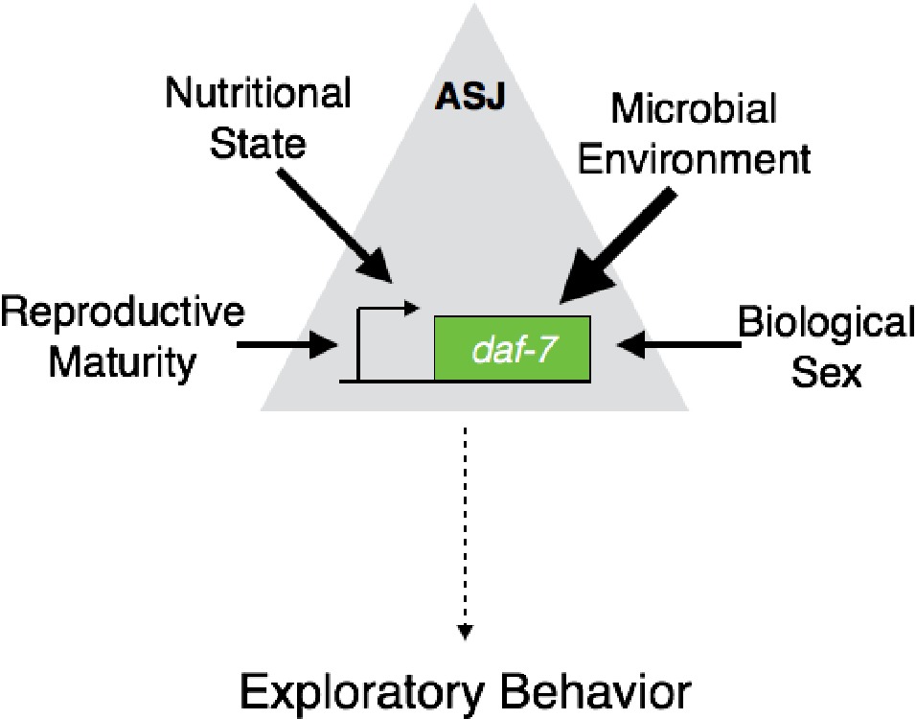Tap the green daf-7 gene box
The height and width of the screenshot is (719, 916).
tap(512, 347)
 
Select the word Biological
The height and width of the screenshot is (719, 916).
tap(826, 322)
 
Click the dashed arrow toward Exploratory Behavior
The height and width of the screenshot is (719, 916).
tap(465, 537)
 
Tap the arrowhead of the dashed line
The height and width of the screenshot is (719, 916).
tap(465, 630)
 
